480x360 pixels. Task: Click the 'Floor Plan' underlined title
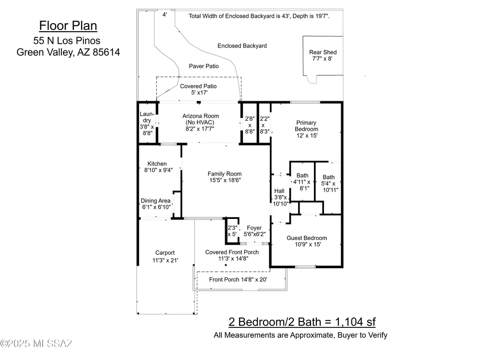(x=68, y=26)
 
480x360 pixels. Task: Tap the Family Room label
(x=225, y=174)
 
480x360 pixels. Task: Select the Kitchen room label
(x=157, y=164)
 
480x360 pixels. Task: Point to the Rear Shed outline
(x=303, y=56)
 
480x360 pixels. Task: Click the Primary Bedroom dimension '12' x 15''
(x=307, y=136)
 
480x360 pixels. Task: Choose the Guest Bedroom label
(x=307, y=238)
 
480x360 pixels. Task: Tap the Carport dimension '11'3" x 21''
(x=165, y=260)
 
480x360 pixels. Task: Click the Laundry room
(x=148, y=123)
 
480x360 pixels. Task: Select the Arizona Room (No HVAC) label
(x=201, y=119)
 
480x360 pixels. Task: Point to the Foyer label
(x=254, y=228)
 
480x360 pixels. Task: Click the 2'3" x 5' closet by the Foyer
(x=232, y=231)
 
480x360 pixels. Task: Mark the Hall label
(x=279, y=191)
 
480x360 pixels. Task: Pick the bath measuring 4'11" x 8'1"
(x=302, y=182)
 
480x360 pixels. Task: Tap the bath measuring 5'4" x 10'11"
(x=329, y=187)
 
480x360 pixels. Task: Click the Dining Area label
(x=156, y=201)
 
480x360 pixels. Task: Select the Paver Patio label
(x=204, y=66)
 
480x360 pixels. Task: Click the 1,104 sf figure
(x=355, y=322)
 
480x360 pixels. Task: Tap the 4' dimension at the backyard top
(x=165, y=14)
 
